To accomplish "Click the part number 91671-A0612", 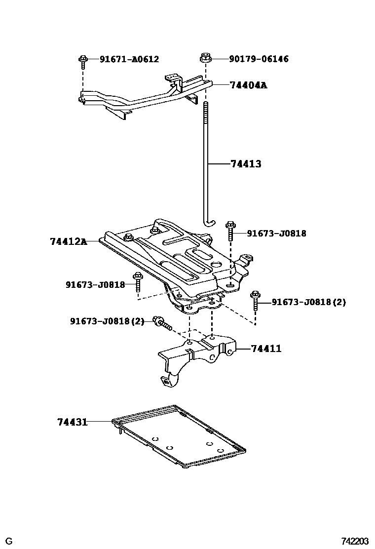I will click(x=129, y=59).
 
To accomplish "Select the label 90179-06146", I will click(x=259, y=59).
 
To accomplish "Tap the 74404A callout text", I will click(x=248, y=85).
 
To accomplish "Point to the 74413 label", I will click(x=246, y=164).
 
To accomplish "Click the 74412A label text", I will click(x=68, y=241).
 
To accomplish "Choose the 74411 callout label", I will click(x=266, y=349).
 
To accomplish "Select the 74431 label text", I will click(x=72, y=422).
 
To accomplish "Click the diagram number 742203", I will click(x=355, y=542).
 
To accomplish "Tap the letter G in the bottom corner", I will click(x=9, y=542).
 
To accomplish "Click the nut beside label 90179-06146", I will click(x=205, y=58).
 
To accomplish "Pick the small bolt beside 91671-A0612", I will click(x=83, y=61).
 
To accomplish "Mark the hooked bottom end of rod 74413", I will click(x=209, y=224).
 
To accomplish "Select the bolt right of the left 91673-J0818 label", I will click(x=138, y=283).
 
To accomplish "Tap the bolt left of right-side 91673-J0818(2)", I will click(x=255, y=300).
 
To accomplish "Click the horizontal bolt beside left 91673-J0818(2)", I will click(x=161, y=323).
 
